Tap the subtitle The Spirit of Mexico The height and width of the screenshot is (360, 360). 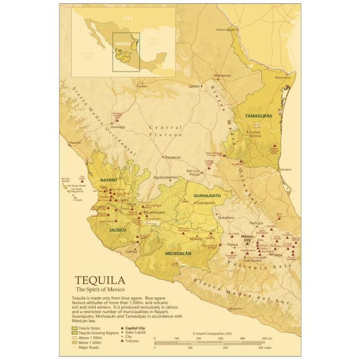(x=98, y=291)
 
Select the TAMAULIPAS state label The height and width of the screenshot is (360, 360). (x=258, y=116)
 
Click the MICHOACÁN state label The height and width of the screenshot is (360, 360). (x=178, y=254)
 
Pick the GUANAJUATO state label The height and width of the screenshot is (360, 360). (x=207, y=196)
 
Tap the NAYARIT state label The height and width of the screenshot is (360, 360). (x=109, y=181)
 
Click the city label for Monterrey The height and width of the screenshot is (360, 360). (x=224, y=75)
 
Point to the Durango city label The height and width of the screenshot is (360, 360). (x=118, y=125)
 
